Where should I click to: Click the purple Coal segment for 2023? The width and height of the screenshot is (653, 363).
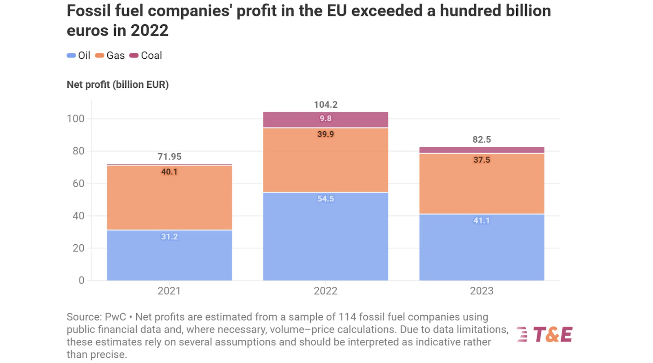click(482, 150)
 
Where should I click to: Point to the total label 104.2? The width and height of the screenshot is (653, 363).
click(325, 105)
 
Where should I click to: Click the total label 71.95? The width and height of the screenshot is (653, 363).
click(169, 157)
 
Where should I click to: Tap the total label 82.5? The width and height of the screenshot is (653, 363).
click(482, 139)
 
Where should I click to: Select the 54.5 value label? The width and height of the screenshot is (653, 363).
click(325, 199)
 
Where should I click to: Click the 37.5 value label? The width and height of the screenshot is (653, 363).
click(482, 160)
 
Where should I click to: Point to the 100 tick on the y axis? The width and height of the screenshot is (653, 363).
click(76, 119)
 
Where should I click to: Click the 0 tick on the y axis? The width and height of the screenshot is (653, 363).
click(82, 280)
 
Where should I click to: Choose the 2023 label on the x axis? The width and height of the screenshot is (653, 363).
click(482, 291)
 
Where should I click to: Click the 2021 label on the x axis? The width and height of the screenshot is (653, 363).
click(169, 291)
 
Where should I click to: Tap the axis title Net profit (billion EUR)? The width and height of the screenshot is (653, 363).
click(118, 84)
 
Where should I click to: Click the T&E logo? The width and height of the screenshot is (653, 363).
click(545, 334)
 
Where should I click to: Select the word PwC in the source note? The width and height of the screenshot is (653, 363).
click(115, 317)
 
